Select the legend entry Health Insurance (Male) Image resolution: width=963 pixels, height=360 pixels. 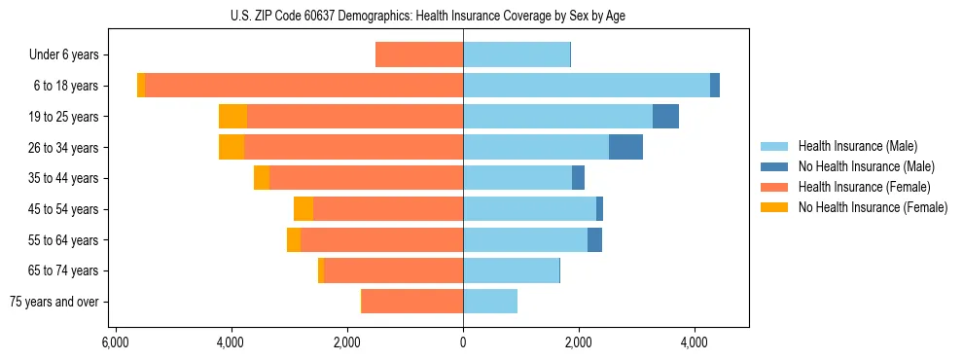pyautogui.click(x=858, y=146)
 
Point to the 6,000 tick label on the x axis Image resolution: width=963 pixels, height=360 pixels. pyautogui.click(x=116, y=342)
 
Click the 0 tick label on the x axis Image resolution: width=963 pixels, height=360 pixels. pyautogui.click(x=463, y=342)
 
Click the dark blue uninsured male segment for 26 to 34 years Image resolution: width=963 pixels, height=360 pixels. pyautogui.click(x=625, y=147)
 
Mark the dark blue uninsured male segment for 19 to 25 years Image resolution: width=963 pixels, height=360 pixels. pyautogui.click(x=665, y=117)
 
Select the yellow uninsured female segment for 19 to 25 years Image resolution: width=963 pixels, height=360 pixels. pyautogui.click(x=232, y=117)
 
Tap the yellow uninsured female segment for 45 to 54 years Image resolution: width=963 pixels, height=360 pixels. pyautogui.click(x=303, y=209)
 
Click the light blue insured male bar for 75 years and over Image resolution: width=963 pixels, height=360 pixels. pyautogui.click(x=490, y=302)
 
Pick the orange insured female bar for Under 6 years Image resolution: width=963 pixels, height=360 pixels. pyautogui.click(x=419, y=55)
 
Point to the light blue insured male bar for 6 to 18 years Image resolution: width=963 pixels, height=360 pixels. pyautogui.click(x=587, y=86)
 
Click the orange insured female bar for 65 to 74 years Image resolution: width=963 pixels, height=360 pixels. pyautogui.click(x=393, y=270)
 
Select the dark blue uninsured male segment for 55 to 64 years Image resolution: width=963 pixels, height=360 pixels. pyautogui.click(x=594, y=239)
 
